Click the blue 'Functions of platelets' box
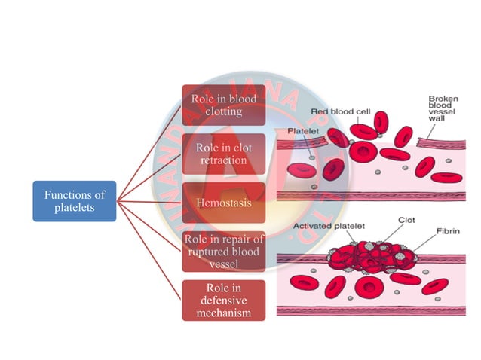(x=74, y=201)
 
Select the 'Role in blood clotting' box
(x=223, y=105)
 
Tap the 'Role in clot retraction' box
(x=223, y=154)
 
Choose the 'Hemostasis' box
(x=223, y=202)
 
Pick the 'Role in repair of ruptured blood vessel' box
(x=223, y=251)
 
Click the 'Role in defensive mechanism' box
(x=223, y=300)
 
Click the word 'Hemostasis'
(x=223, y=202)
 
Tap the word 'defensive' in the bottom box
(x=223, y=300)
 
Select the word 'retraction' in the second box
(x=223, y=160)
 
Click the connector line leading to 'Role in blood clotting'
(x=151, y=151)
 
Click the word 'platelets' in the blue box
(x=74, y=208)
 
